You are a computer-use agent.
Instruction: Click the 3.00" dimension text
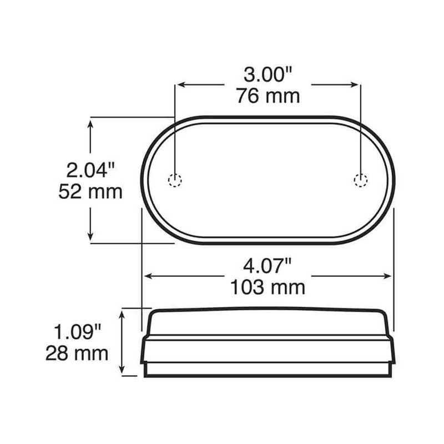pyautogui.click(x=268, y=74)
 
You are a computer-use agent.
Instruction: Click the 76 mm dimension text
pyautogui.click(x=268, y=96)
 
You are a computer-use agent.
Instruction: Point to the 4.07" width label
pyautogui.click(x=268, y=266)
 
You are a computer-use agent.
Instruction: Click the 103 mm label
pyautogui.click(x=268, y=287)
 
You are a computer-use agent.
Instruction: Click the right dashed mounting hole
pyautogui.click(x=361, y=179)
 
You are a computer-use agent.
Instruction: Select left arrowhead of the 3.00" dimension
pyautogui.click(x=179, y=84)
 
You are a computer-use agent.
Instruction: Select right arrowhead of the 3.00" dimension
pyautogui.click(x=356, y=84)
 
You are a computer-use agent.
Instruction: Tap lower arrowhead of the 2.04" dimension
pyautogui.click(x=90, y=238)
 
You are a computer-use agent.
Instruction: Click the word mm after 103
pyautogui.click(x=289, y=287)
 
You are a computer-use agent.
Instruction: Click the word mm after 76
pyautogui.click(x=283, y=96)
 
